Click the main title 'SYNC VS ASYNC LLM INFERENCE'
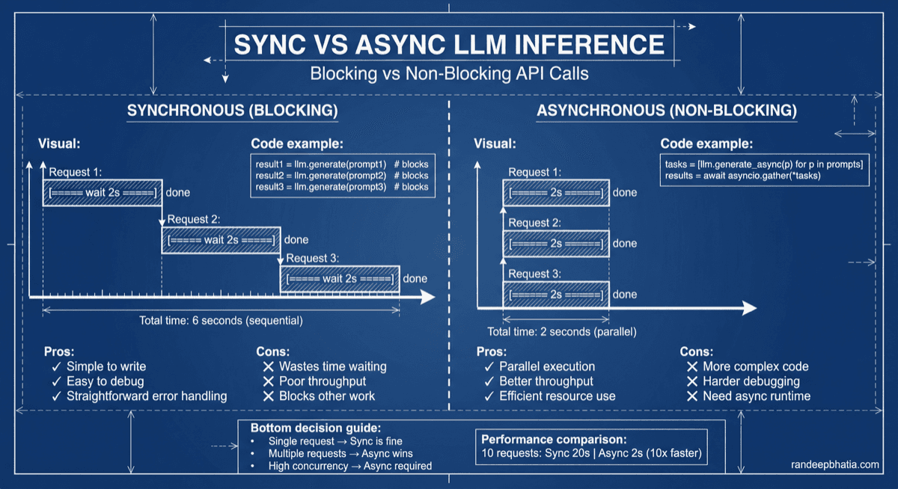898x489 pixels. click(x=449, y=44)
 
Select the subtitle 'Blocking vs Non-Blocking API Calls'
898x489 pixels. click(x=449, y=74)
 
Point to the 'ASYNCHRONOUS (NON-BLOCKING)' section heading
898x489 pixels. click(x=667, y=111)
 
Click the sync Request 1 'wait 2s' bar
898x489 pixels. click(x=102, y=193)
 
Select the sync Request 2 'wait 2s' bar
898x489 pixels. click(x=221, y=240)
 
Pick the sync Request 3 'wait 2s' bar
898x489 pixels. click(x=340, y=279)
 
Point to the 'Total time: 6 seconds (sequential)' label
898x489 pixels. click(x=221, y=321)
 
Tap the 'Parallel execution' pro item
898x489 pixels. click(x=547, y=366)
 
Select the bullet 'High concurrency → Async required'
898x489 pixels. click(x=350, y=466)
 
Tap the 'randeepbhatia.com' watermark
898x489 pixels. click(x=835, y=465)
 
